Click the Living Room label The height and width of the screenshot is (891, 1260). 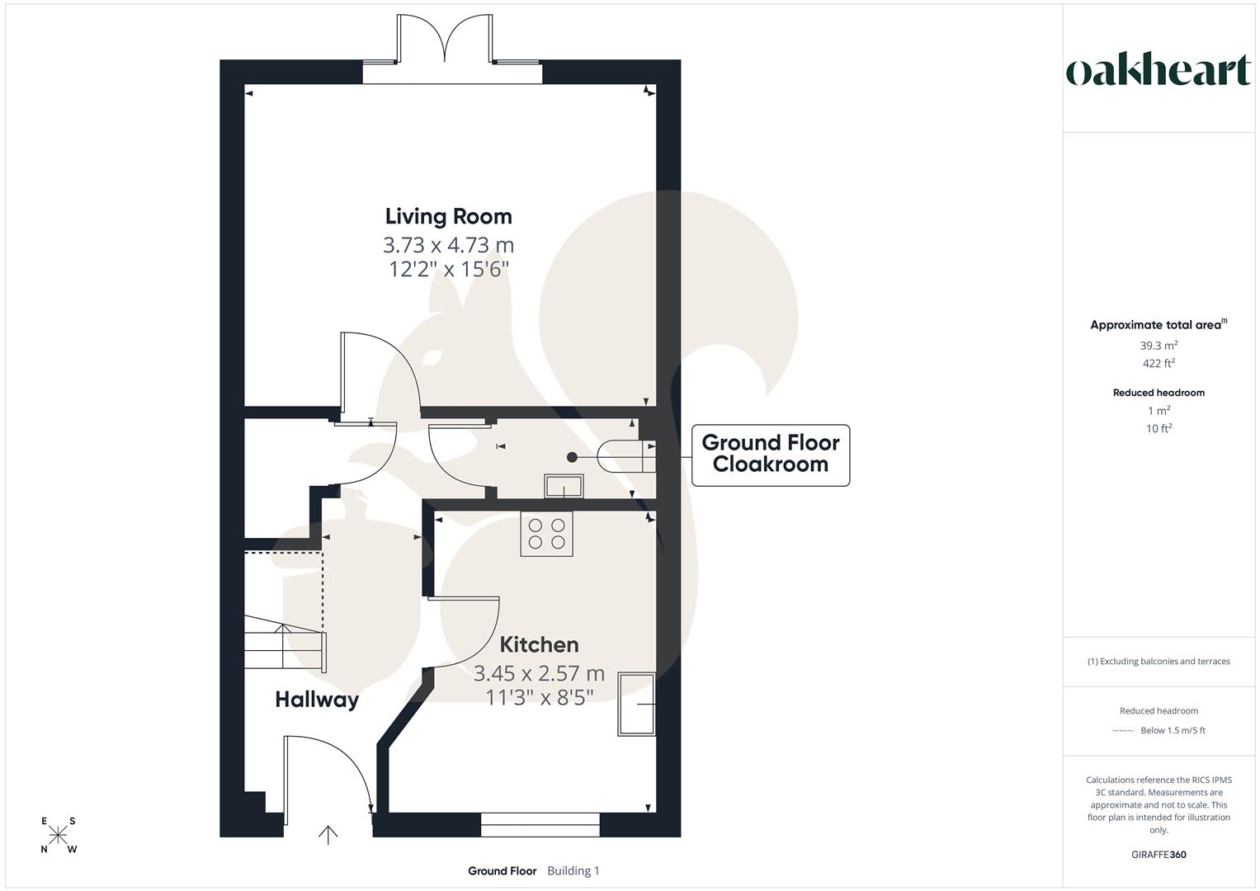click(448, 216)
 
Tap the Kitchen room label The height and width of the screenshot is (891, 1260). click(539, 644)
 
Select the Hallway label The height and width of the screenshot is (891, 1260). click(317, 700)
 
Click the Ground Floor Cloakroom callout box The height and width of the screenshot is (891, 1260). click(770, 455)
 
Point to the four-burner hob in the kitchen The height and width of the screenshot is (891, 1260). click(546, 534)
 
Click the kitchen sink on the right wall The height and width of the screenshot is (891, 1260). click(636, 704)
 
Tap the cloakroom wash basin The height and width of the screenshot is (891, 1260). click(564, 486)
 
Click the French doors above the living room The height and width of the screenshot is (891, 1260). click(446, 40)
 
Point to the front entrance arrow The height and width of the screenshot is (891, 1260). click(328, 835)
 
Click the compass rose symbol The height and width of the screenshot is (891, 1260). click(59, 835)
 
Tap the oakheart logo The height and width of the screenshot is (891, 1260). click(1159, 71)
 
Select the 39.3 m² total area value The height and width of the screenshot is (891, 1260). click(1159, 346)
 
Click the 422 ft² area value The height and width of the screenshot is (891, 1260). click(1159, 363)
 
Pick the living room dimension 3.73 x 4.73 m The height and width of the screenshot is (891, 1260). click(448, 245)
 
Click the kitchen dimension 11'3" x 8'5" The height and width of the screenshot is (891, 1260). click(539, 698)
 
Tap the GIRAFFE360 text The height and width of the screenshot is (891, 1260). click(1159, 855)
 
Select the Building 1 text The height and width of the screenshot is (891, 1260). click(573, 871)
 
